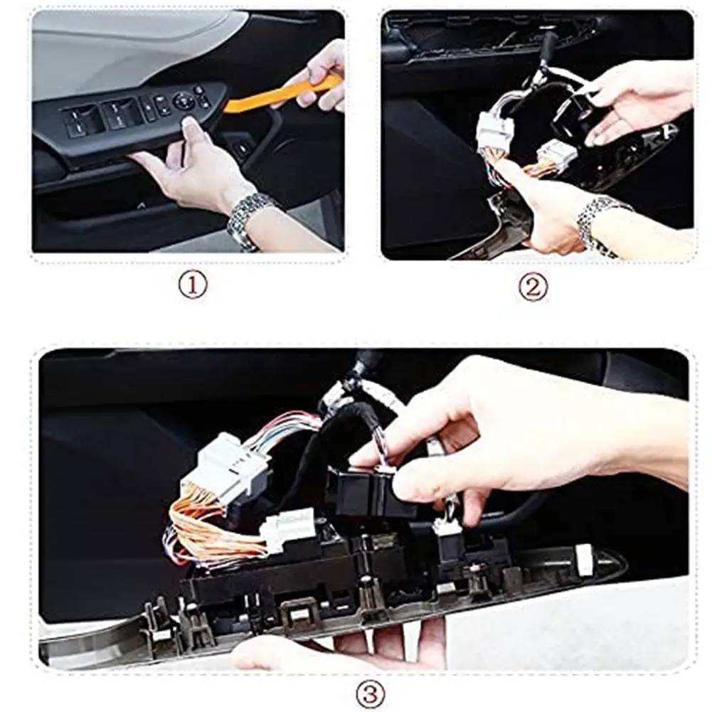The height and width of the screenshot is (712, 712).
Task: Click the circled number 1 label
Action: click(x=192, y=285)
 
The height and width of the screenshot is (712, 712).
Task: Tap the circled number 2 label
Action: click(x=533, y=287)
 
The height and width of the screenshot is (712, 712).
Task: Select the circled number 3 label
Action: click(x=370, y=694)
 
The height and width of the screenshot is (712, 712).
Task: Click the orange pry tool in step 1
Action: click(x=282, y=95)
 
